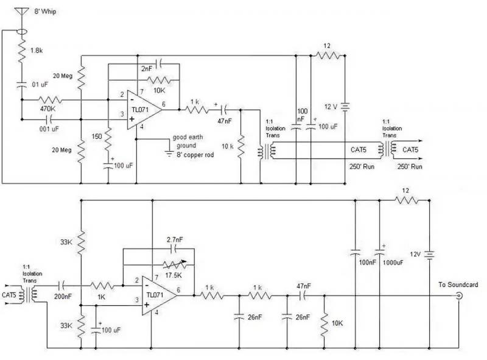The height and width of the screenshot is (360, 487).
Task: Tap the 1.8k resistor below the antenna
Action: click(x=22, y=51)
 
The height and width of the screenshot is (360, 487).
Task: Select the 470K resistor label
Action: click(x=47, y=109)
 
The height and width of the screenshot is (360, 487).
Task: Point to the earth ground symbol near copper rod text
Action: click(x=169, y=154)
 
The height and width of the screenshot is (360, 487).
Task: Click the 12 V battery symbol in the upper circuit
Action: click(x=345, y=107)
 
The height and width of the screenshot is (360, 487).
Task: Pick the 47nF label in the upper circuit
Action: click(x=224, y=121)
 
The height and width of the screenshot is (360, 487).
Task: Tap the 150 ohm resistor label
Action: click(x=97, y=136)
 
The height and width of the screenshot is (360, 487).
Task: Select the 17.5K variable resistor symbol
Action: click(x=175, y=264)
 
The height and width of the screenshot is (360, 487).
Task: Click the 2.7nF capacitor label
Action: click(x=175, y=239)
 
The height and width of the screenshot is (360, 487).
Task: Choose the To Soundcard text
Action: click(x=458, y=284)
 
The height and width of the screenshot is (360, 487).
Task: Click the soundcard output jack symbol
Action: click(x=459, y=295)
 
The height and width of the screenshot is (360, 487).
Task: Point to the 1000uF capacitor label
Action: click(x=393, y=263)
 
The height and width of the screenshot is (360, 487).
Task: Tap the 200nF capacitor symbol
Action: click(x=62, y=285)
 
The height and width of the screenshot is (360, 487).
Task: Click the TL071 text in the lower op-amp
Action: click(x=155, y=295)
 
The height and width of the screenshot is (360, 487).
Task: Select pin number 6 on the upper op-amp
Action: click(x=163, y=104)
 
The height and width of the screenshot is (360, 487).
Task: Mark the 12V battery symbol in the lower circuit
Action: click(x=430, y=255)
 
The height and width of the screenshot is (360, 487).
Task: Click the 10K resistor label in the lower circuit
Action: click(x=337, y=323)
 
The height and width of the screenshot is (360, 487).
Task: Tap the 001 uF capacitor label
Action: click(x=49, y=129)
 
